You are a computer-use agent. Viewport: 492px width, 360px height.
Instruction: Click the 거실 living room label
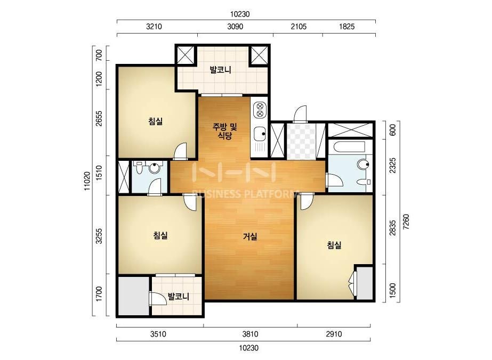[x=250, y=236]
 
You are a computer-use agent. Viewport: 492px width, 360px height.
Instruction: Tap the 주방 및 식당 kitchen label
[x=225, y=132]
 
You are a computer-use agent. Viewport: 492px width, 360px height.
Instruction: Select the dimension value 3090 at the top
[x=235, y=27]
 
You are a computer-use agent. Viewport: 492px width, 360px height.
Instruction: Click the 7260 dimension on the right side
[x=406, y=222]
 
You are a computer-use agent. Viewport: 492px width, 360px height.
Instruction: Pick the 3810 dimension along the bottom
[x=250, y=334]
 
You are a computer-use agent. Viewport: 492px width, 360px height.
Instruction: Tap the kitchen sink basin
[x=260, y=134]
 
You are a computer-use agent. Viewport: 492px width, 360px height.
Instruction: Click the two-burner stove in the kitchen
[x=260, y=110]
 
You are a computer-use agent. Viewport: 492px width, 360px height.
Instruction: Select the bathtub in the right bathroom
[x=350, y=147]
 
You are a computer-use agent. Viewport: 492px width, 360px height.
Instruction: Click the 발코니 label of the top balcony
[x=221, y=70]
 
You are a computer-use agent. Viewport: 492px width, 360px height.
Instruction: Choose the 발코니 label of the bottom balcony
[x=178, y=296]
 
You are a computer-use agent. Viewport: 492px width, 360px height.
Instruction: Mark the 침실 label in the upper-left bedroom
[x=156, y=121]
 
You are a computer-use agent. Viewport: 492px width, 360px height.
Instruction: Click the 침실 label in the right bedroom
[x=334, y=245]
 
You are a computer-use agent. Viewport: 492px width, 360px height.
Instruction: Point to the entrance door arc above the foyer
[x=300, y=113]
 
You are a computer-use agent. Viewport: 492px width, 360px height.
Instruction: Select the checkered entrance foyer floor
[x=301, y=142]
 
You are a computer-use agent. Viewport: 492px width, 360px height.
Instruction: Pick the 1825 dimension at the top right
[x=346, y=27]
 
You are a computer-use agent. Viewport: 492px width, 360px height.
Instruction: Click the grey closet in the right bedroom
[x=365, y=283]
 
